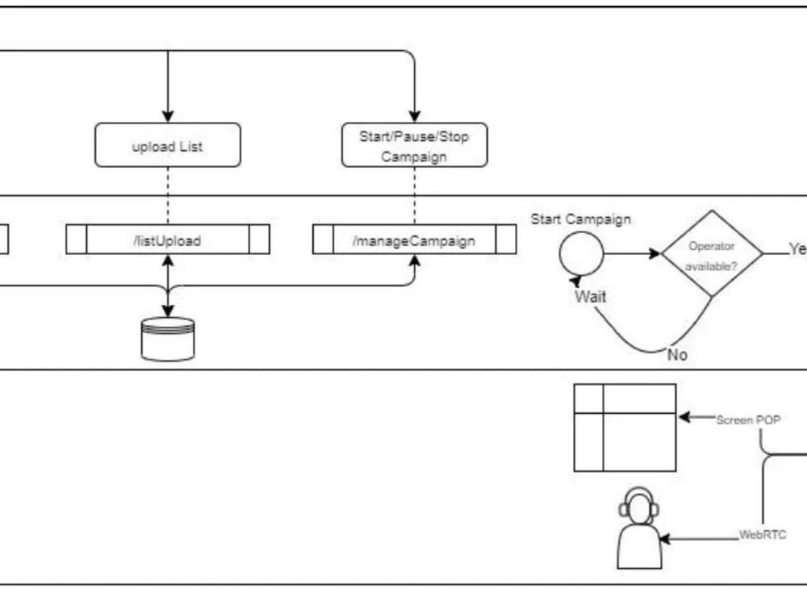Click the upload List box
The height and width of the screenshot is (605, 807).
pos(167,145)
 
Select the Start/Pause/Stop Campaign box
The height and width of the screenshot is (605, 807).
pos(414,145)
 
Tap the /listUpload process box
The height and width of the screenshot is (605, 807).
pos(167,240)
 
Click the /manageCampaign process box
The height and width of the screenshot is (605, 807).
pos(414,240)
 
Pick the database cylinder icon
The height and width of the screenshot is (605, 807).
pos(167,339)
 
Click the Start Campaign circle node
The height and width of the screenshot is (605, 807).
pos(581,253)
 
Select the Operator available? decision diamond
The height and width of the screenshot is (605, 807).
pos(712,253)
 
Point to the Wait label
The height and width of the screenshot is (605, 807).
pos(590,296)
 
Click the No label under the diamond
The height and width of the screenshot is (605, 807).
pos(677,354)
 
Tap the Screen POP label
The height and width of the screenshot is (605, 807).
pos(748,419)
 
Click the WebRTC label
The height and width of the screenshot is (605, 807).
pos(763,535)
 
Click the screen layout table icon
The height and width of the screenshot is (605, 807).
pos(625,428)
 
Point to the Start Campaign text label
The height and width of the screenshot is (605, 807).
pos(581,219)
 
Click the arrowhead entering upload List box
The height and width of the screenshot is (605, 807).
pos(168,117)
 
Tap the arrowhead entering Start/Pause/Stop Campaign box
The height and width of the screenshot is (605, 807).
pos(414,117)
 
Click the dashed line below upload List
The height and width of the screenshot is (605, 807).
pos(168,195)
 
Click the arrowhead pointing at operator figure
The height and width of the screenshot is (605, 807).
pos(665,538)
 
